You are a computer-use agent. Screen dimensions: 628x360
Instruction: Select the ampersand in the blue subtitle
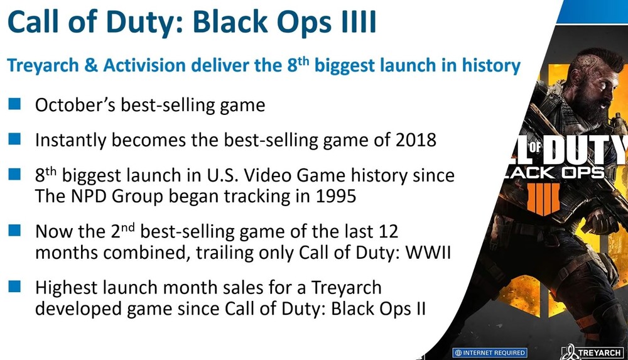(91, 65)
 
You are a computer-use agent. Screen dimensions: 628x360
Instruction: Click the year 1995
(336, 196)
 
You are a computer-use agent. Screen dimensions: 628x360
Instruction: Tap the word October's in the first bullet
(75, 105)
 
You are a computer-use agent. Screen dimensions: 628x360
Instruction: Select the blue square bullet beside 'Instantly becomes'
(14, 139)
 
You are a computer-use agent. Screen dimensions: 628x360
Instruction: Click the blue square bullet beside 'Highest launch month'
(14, 286)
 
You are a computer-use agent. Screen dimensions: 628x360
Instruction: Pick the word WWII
(428, 253)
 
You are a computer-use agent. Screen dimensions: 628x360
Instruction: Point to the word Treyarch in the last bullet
(346, 288)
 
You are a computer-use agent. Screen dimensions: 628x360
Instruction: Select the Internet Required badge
(490, 353)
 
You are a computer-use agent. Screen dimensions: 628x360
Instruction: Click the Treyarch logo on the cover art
(592, 352)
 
